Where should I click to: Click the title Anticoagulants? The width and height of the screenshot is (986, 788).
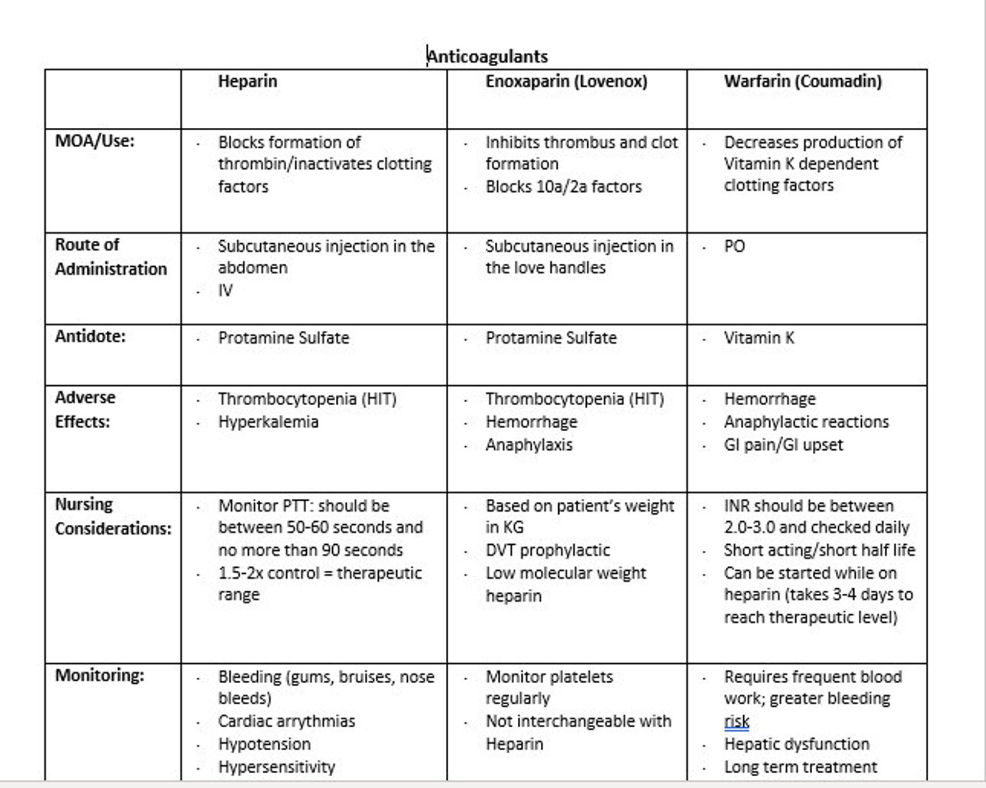point(487,56)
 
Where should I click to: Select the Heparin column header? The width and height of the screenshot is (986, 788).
point(247,81)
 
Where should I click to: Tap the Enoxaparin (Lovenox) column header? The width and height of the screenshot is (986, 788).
point(566,81)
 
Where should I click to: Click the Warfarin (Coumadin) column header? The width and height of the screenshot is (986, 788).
point(802,81)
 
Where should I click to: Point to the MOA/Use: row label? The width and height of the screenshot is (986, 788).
point(94,141)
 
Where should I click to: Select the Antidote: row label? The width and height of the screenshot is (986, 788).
point(90,336)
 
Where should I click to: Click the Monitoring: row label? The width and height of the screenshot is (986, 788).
point(99,675)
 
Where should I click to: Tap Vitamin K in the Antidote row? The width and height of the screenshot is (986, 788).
point(759,338)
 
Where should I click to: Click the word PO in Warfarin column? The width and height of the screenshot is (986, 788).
point(734,246)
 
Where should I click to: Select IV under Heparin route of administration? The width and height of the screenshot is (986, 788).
point(225,290)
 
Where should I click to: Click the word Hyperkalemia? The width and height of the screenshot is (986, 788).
point(268,422)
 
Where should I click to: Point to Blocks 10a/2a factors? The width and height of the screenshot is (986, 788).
point(563,187)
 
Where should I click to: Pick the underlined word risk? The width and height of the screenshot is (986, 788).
point(736,722)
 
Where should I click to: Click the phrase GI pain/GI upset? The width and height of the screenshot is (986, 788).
point(783,445)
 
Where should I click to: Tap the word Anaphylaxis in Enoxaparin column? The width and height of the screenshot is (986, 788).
point(528,445)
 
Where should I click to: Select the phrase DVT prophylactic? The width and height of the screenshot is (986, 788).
point(547,550)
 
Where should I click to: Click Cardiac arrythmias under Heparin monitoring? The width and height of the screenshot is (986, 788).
point(286,722)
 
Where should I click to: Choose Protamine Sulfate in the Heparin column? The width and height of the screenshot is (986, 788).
point(283,338)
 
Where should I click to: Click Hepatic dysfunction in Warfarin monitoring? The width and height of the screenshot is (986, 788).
point(796,744)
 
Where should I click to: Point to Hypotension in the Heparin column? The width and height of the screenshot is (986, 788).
point(264,744)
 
